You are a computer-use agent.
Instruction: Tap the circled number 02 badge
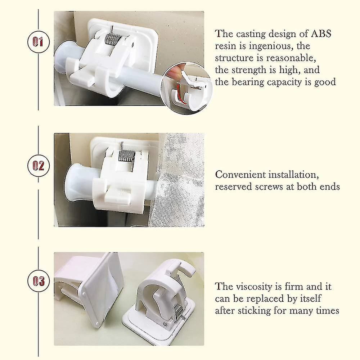pyautogui.click(x=39, y=166)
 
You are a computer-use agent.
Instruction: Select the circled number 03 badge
pyautogui.click(x=39, y=281)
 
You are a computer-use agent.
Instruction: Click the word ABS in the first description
pyautogui.click(x=321, y=34)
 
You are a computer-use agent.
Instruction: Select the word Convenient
pyautogui.click(x=240, y=175)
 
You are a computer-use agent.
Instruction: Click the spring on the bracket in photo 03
pyautogui.click(x=179, y=311)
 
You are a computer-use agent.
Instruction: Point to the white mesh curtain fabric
pyautogui.click(x=178, y=179)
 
